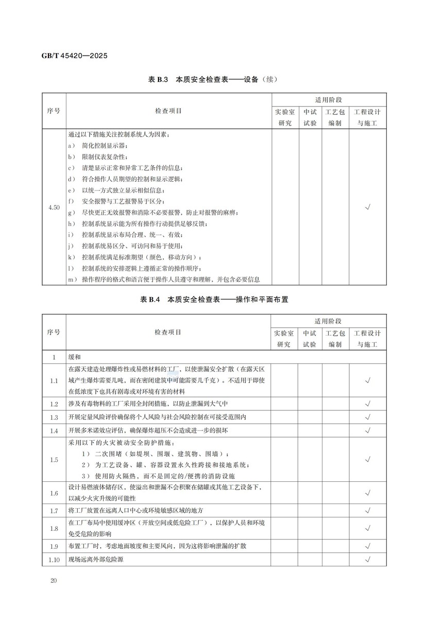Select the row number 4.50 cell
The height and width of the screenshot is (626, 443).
click(x=54, y=207)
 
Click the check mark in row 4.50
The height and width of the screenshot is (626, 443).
click(x=368, y=207)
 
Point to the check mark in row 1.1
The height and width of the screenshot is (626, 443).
click(x=368, y=380)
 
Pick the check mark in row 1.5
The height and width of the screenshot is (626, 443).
click(x=368, y=459)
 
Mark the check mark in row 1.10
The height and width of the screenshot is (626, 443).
click(x=368, y=559)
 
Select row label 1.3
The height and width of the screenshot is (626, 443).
click(x=54, y=417)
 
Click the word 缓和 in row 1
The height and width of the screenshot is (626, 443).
click(x=75, y=356)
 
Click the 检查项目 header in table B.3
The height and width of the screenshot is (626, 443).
click(x=168, y=111)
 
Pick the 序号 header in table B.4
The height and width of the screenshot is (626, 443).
click(x=54, y=332)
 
